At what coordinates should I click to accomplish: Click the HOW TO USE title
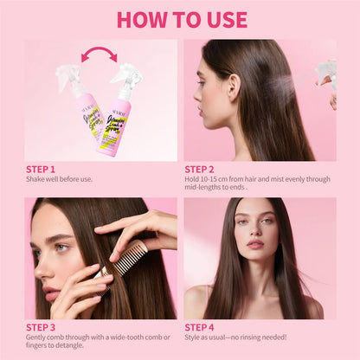coord(181,19)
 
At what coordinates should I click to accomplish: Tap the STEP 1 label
coord(40,170)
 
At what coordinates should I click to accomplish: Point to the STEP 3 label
coord(40,327)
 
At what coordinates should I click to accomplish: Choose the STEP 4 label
coord(199,327)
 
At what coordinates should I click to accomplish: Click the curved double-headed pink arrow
coord(100,55)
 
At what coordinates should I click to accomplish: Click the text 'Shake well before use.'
coord(57,179)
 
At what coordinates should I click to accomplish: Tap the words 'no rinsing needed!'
coord(259,337)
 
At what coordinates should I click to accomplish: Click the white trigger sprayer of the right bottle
coord(126,77)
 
